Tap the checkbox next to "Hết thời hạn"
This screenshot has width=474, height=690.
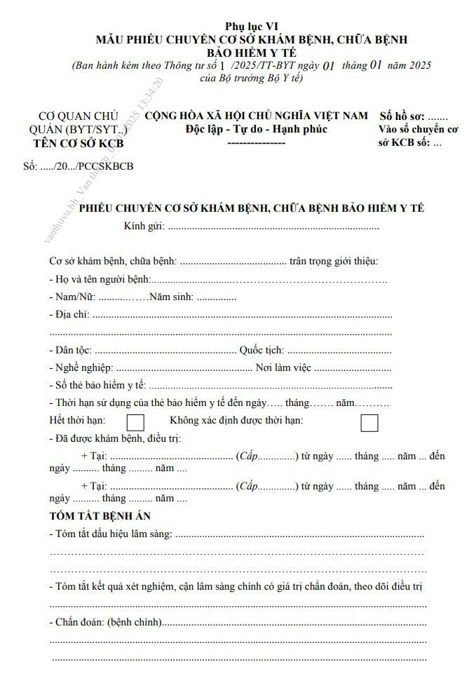tap(135, 422)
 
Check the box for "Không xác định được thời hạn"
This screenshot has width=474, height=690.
tap(369, 422)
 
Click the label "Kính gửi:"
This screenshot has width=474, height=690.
tap(144, 226)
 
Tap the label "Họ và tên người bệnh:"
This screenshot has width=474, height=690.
tap(102, 280)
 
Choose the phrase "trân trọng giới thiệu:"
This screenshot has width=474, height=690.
tap(334, 262)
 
